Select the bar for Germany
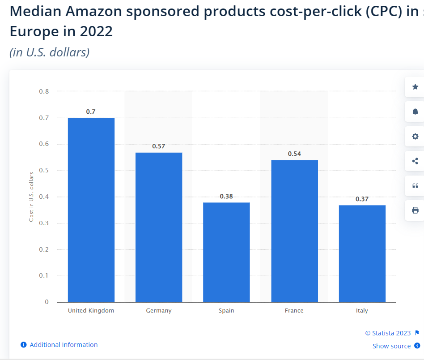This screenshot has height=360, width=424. [x=159, y=227]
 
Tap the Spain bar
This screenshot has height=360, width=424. [x=226, y=252]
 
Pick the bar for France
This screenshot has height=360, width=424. [x=294, y=231]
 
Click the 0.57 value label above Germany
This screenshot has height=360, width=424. [x=159, y=146]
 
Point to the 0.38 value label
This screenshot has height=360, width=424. [x=226, y=196]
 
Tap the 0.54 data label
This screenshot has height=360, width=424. [x=294, y=154]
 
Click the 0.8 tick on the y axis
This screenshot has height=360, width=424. [x=44, y=91]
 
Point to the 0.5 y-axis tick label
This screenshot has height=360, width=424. [x=44, y=171]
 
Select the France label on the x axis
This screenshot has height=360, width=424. [x=294, y=310]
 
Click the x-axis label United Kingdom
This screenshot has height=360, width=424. [x=91, y=310]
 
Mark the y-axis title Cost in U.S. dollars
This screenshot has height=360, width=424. [x=31, y=197]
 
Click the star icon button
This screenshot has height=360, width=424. [x=415, y=87]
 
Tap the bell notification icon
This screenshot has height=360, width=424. [x=415, y=111]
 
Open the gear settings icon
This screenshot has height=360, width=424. [x=415, y=136]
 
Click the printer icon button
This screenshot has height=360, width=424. [x=415, y=210]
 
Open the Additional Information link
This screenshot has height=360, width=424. [x=64, y=345]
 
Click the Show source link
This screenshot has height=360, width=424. [x=391, y=346]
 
